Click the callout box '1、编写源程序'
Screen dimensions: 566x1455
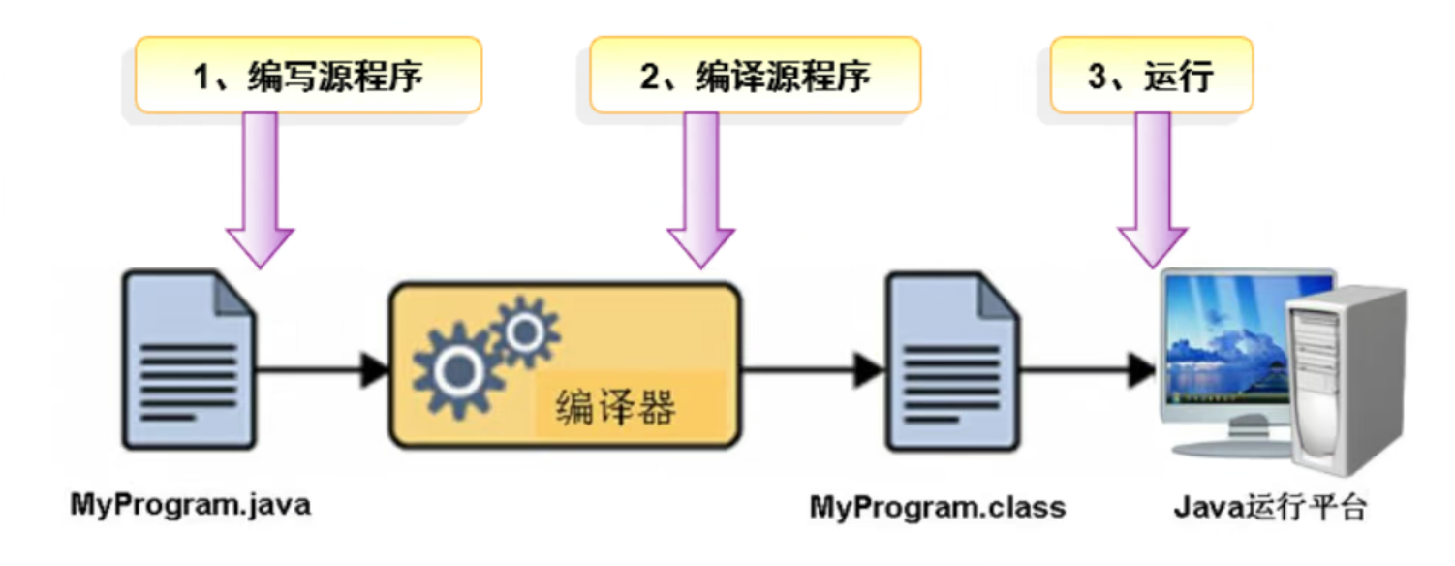[308, 75]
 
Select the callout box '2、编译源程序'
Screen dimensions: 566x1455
[755, 75]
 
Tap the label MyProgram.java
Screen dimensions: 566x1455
[191, 505]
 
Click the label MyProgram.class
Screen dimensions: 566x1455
[937, 507]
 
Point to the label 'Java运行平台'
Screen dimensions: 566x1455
[1270, 507]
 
